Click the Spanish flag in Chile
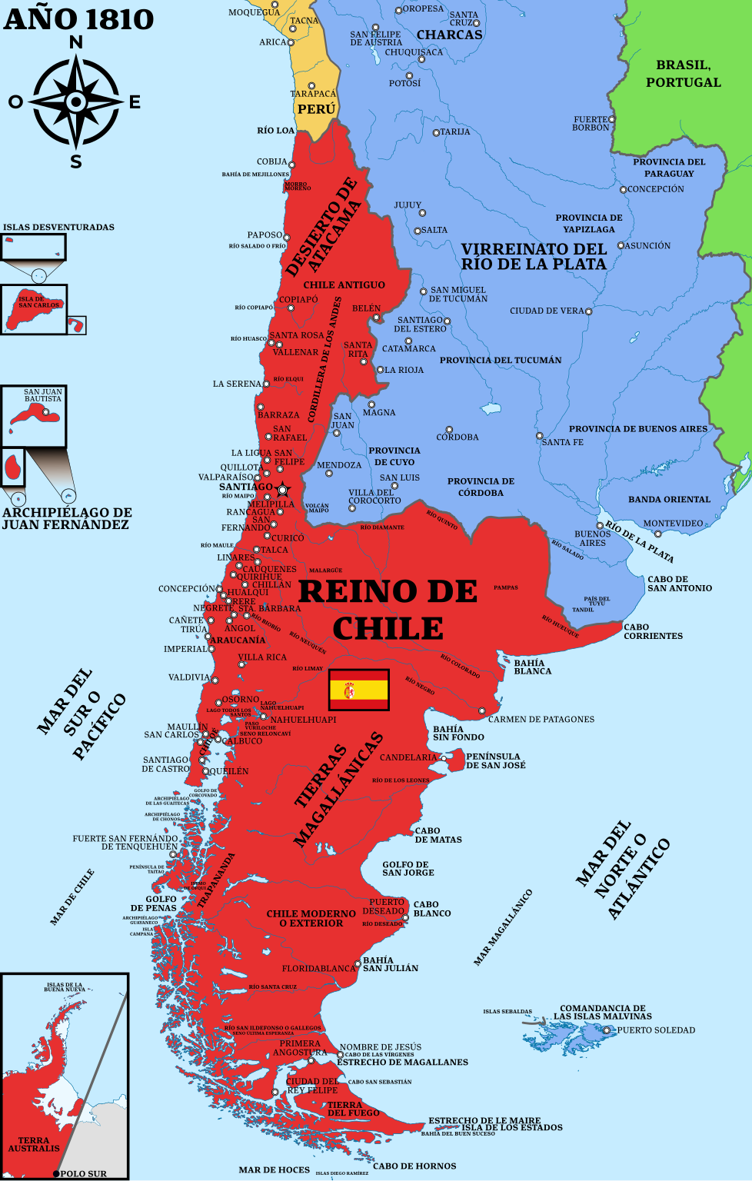point(359,690)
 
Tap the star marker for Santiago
point(282,490)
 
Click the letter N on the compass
point(76,43)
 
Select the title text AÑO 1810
point(78,19)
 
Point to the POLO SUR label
point(83,1173)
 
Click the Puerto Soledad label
point(656,1030)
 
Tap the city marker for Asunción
point(621,246)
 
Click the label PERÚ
point(317,109)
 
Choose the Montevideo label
point(673,524)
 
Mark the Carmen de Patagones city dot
point(482,711)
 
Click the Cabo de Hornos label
point(414,1166)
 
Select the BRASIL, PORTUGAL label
point(684,74)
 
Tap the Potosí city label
point(404,83)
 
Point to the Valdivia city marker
point(215,680)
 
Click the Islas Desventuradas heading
point(58,228)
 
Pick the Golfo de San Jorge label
point(408,869)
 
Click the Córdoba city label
point(458,437)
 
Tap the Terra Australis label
point(34,1144)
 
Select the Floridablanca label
point(318,969)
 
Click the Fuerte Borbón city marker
point(612,119)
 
